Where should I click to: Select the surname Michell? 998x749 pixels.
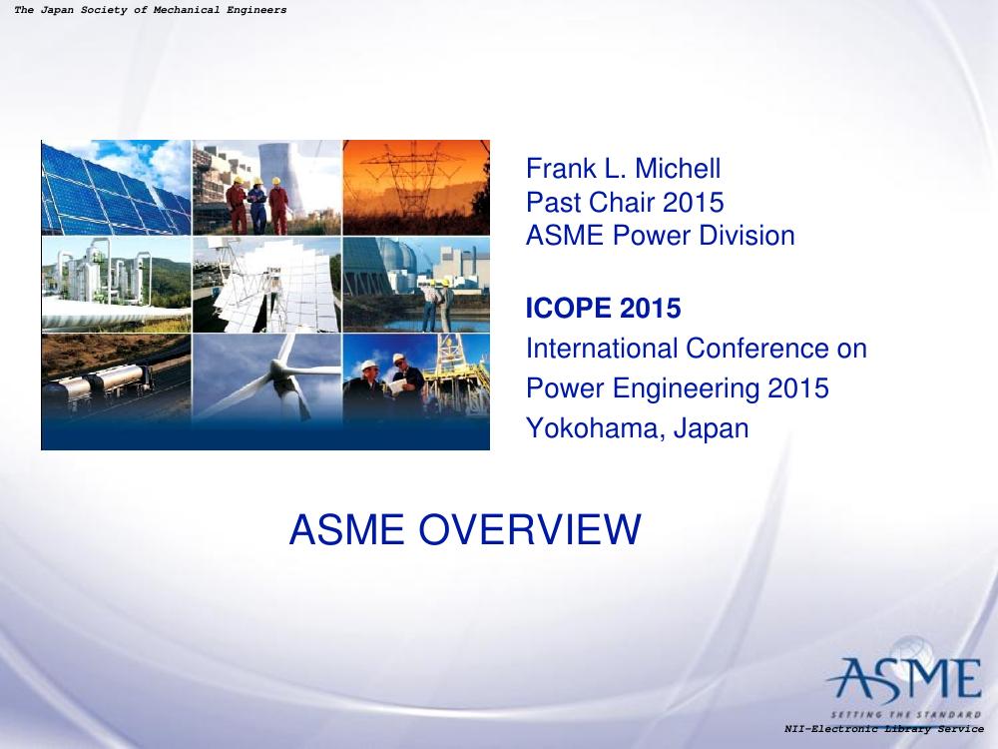678,169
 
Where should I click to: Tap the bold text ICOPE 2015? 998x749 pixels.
604,309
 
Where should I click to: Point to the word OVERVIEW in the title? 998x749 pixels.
530,529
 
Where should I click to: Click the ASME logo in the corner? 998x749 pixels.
904,679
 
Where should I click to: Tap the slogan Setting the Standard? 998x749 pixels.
906,714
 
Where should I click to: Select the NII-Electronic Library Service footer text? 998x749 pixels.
884,729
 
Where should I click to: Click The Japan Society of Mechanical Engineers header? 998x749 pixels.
151,10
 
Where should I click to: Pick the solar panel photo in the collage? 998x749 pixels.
116,188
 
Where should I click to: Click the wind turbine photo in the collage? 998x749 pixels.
266,378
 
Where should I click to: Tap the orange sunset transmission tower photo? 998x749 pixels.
416,188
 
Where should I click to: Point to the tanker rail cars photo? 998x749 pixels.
116,378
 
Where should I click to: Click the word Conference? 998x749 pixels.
757,349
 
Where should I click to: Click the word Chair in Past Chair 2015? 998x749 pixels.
622,203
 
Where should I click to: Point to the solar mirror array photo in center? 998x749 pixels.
266,285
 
